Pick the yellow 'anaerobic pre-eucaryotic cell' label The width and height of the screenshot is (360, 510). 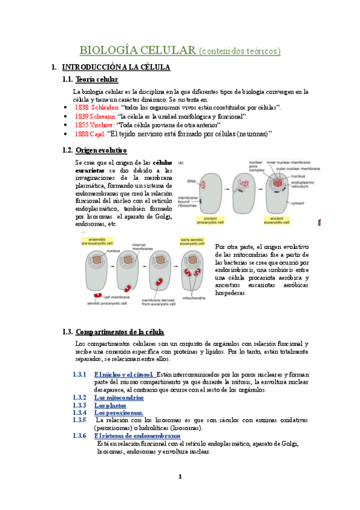(x=96, y=242)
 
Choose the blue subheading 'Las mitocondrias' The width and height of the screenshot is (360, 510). (x=119, y=398)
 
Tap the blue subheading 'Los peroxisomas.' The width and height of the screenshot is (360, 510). (x=118, y=413)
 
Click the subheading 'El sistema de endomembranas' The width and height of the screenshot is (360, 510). (x=137, y=435)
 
